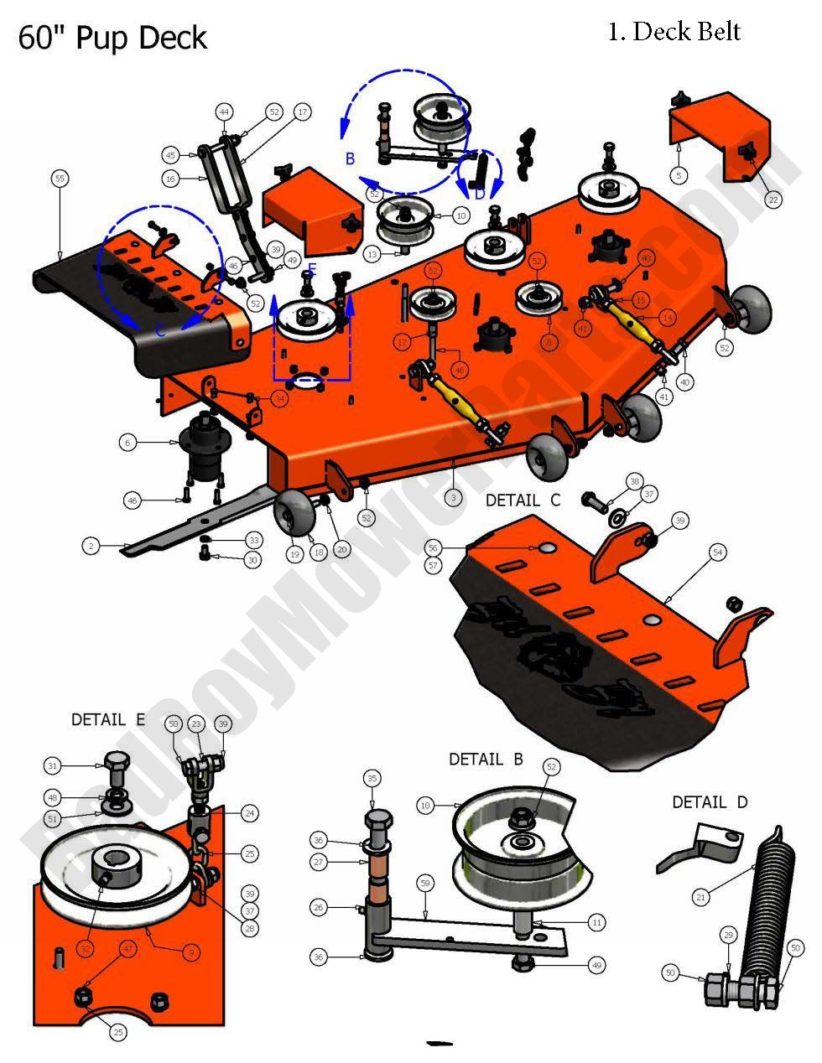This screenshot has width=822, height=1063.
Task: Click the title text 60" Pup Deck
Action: (x=112, y=39)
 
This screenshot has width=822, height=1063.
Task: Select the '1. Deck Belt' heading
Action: (x=674, y=32)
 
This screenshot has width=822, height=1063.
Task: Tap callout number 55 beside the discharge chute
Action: (x=59, y=179)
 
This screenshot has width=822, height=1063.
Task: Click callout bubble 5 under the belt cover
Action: (x=679, y=175)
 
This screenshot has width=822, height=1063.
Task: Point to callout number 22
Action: (x=773, y=200)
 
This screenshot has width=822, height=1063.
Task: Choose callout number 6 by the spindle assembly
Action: (x=127, y=442)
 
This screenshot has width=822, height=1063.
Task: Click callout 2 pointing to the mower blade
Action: (x=91, y=546)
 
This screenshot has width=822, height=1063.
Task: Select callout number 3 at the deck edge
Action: (x=453, y=497)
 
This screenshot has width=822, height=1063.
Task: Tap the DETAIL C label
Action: (x=523, y=500)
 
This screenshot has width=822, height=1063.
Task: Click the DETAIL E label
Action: (x=107, y=719)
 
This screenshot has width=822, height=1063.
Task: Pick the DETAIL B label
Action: (x=486, y=760)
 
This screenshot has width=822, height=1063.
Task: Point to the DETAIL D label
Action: (x=709, y=802)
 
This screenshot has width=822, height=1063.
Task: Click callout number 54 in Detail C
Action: (x=717, y=552)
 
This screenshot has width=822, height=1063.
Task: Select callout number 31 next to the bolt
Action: (x=53, y=765)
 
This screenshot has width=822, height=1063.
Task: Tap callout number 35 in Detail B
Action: (x=372, y=779)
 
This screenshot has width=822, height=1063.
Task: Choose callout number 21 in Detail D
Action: (x=701, y=898)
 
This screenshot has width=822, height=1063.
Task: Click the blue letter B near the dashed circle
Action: (x=351, y=158)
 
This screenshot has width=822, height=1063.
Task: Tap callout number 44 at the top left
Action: (x=224, y=111)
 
